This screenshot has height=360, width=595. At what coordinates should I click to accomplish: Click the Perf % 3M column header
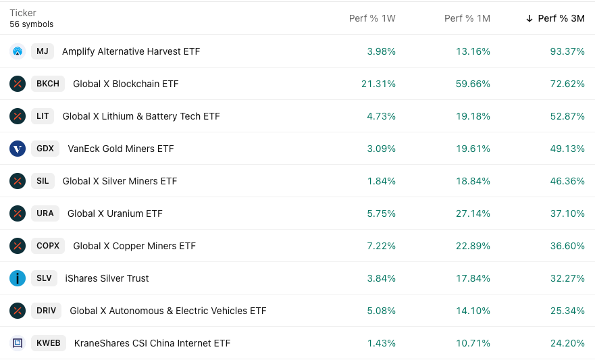click(x=561, y=18)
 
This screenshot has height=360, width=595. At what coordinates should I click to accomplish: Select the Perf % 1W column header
click(x=372, y=18)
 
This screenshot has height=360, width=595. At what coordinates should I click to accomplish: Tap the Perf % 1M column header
click(x=467, y=18)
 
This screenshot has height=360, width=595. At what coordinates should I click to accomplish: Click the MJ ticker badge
click(x=42, y=51)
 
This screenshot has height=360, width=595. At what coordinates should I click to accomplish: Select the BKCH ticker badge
click(x=48, y=84)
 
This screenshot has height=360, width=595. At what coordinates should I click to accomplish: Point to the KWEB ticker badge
click(x=48, y=343)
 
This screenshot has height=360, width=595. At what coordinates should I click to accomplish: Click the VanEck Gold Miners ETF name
click(x=121, y=149)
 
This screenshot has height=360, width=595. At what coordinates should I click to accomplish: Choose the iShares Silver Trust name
click(x=107, y=278)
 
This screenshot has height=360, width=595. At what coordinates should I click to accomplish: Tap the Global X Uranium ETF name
click(x=115, y=213)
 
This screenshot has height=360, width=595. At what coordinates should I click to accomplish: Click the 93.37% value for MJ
click(x=567, y=51)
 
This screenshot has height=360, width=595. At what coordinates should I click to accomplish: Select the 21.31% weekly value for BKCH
click(x=378, y=84)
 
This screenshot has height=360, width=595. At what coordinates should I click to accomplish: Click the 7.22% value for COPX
click(x=381, y=246)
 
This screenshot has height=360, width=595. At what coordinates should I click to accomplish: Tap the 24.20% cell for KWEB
click(x=567, y=343)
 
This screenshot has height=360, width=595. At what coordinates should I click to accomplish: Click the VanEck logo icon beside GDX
click(x=18, y=149)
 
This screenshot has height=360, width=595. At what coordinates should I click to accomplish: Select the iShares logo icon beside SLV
click(x=18, y=278)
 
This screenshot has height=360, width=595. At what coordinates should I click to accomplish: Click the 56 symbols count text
click(x=31, y=24)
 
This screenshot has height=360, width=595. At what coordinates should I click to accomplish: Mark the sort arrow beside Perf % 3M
click(x=529, y=18)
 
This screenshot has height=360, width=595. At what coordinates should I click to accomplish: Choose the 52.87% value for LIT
click(x=567, y=116)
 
